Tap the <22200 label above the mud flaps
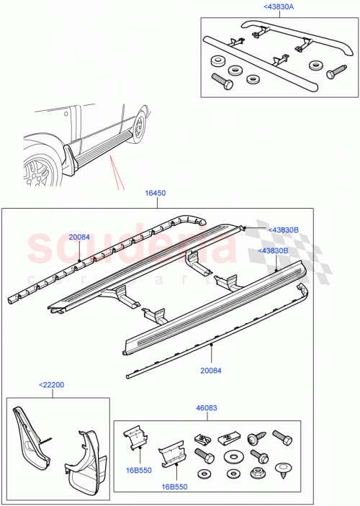pos(52,385)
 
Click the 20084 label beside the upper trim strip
pos(80,237)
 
